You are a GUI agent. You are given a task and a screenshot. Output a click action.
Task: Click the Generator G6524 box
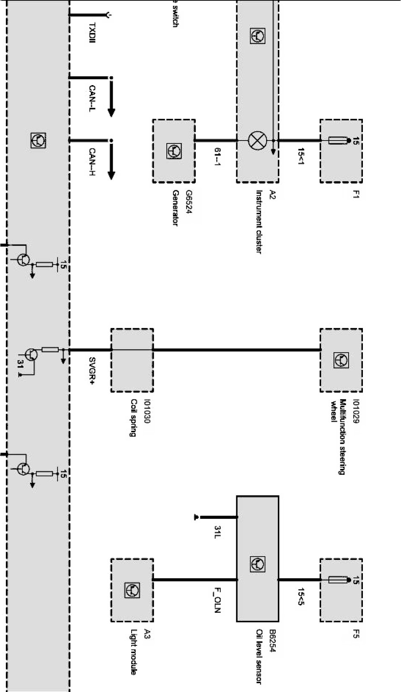(173, 151)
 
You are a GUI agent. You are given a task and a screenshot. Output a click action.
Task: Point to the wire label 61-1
(217, 156)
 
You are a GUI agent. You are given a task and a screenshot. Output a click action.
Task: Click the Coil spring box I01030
(132, 360)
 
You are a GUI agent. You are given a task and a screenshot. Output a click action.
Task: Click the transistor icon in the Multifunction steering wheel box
(341, 360)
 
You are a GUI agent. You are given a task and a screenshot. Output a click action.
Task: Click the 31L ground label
(217, 533)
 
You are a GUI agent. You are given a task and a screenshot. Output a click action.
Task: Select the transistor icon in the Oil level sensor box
(257, 564)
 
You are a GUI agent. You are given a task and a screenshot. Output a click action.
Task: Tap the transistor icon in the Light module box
(132, 590)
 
